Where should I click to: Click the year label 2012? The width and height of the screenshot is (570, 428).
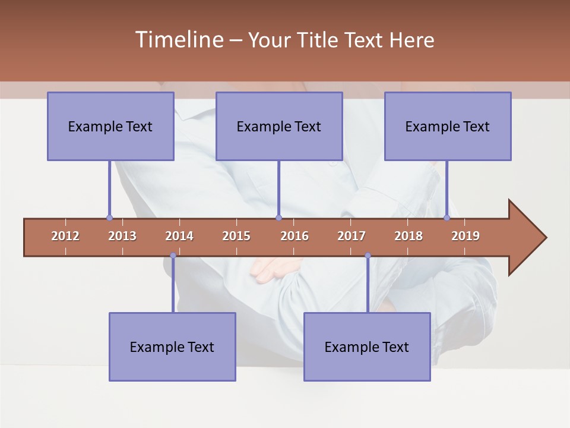65,236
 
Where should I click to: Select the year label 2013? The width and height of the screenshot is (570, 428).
122,236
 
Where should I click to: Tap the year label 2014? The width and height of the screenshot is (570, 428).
179,236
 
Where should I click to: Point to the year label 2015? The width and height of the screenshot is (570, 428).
236,236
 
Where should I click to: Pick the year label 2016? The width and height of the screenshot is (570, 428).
294,236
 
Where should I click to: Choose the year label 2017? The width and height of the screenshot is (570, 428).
351,236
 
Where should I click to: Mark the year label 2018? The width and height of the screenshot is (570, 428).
408,236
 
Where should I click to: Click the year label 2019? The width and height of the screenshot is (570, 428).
465,236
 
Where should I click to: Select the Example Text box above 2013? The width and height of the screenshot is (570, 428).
110,126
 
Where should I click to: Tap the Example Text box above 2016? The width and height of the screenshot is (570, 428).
279,126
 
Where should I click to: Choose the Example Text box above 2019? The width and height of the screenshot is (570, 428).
448,126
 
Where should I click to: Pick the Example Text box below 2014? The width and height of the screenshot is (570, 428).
172,347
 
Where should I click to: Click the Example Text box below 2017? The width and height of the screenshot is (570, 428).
367,347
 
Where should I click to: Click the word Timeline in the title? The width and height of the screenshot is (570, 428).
178,40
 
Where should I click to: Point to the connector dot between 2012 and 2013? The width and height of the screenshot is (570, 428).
109,218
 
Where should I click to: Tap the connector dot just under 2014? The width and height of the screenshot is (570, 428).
173,256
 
